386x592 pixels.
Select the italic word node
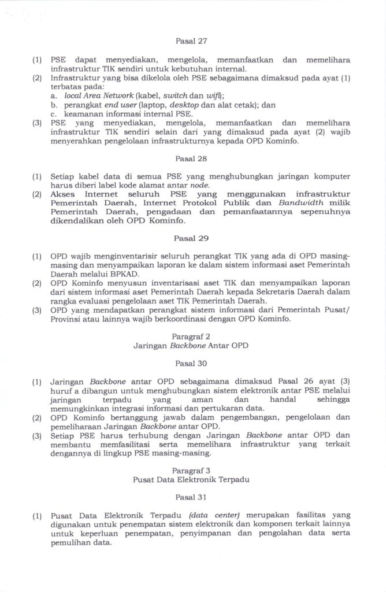[199, 184]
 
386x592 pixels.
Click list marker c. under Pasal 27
[53, 114]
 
